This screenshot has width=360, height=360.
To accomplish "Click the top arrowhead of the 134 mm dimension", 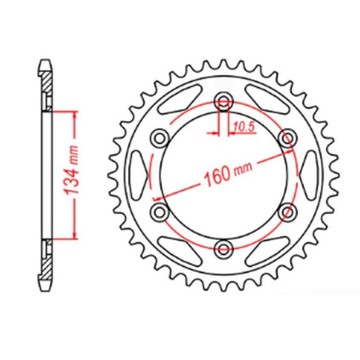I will pyautogui.click(x=72, y=112).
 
